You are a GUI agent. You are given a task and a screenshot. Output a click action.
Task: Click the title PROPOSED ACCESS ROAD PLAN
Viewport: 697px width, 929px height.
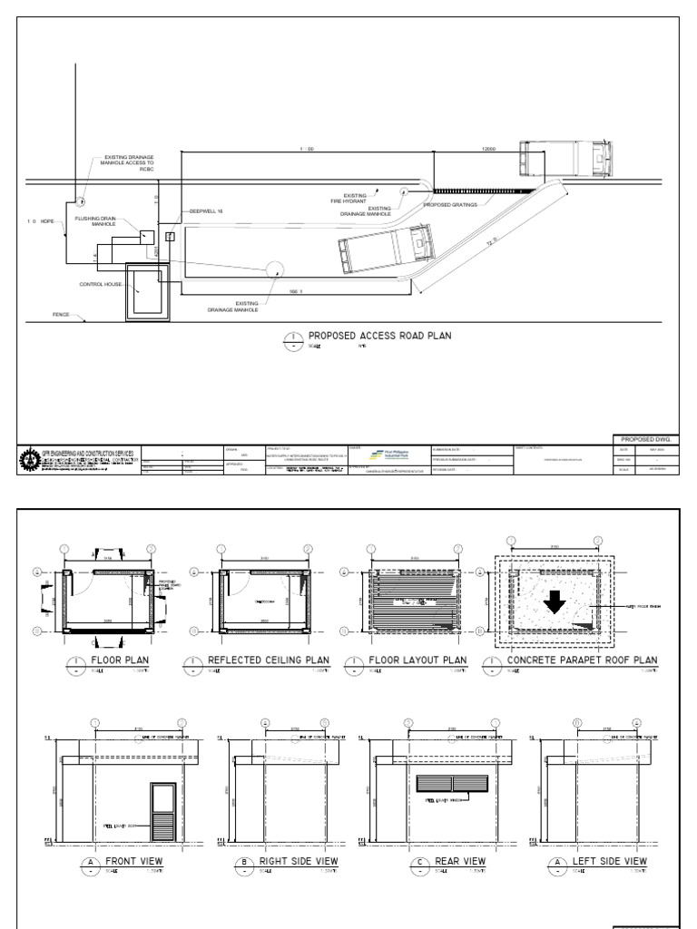379,336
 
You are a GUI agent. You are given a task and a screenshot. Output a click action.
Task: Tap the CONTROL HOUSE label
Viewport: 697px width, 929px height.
100,284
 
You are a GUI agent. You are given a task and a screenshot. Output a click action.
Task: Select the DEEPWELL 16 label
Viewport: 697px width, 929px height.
205,210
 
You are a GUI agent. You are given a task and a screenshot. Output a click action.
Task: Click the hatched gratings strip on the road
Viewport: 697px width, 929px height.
484,191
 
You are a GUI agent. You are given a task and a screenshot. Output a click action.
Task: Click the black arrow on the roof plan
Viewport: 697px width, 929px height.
553,603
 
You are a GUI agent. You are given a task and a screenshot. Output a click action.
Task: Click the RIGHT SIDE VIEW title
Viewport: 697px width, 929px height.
299,860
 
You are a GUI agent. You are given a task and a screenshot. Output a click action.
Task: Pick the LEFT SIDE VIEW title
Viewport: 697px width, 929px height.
604,860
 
